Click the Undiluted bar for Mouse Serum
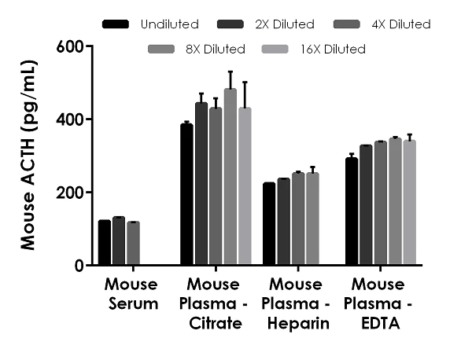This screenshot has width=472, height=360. click(105, 243)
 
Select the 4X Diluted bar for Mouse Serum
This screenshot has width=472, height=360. click(133, 244)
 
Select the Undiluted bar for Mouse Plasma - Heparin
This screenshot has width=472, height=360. click(269, 224)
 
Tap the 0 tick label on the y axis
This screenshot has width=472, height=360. click(79, 266)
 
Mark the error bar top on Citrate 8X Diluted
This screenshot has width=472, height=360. click(230, 72)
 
